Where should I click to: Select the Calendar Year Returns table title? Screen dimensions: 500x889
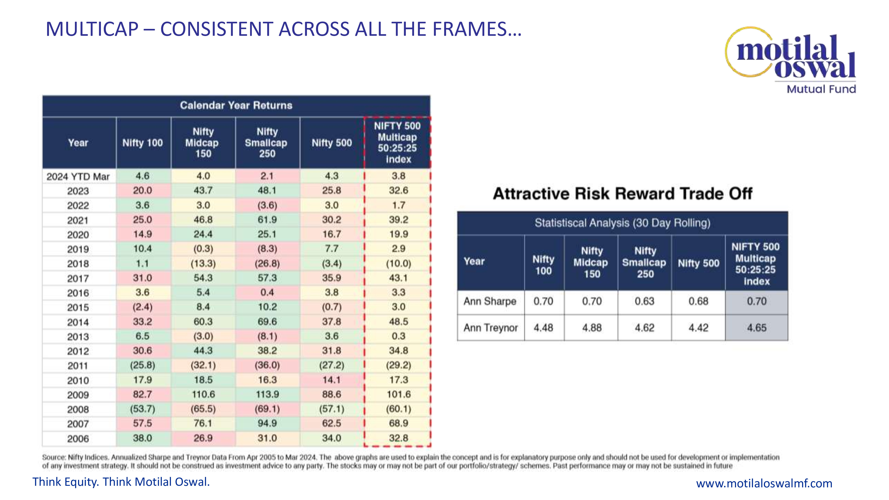pos(236,106)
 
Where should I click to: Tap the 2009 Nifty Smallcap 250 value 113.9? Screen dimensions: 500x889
pos(267,394)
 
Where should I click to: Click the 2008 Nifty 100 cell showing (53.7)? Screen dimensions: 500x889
pos(142,409)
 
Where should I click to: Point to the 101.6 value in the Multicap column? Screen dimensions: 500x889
pos(398,394)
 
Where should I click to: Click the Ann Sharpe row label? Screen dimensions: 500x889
pos(490,302)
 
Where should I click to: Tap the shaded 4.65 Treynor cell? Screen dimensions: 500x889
pos(757,328)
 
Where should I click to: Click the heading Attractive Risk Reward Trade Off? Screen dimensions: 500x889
pos(622,194)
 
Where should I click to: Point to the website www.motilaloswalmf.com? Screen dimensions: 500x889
pos(764,483)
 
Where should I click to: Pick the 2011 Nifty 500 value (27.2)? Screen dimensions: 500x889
pos(331,365)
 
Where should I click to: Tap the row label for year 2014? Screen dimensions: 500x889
pos(78,322)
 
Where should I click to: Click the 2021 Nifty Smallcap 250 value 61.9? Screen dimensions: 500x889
pos(267,220)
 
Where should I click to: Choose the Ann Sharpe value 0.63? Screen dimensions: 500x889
pos(644,302)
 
